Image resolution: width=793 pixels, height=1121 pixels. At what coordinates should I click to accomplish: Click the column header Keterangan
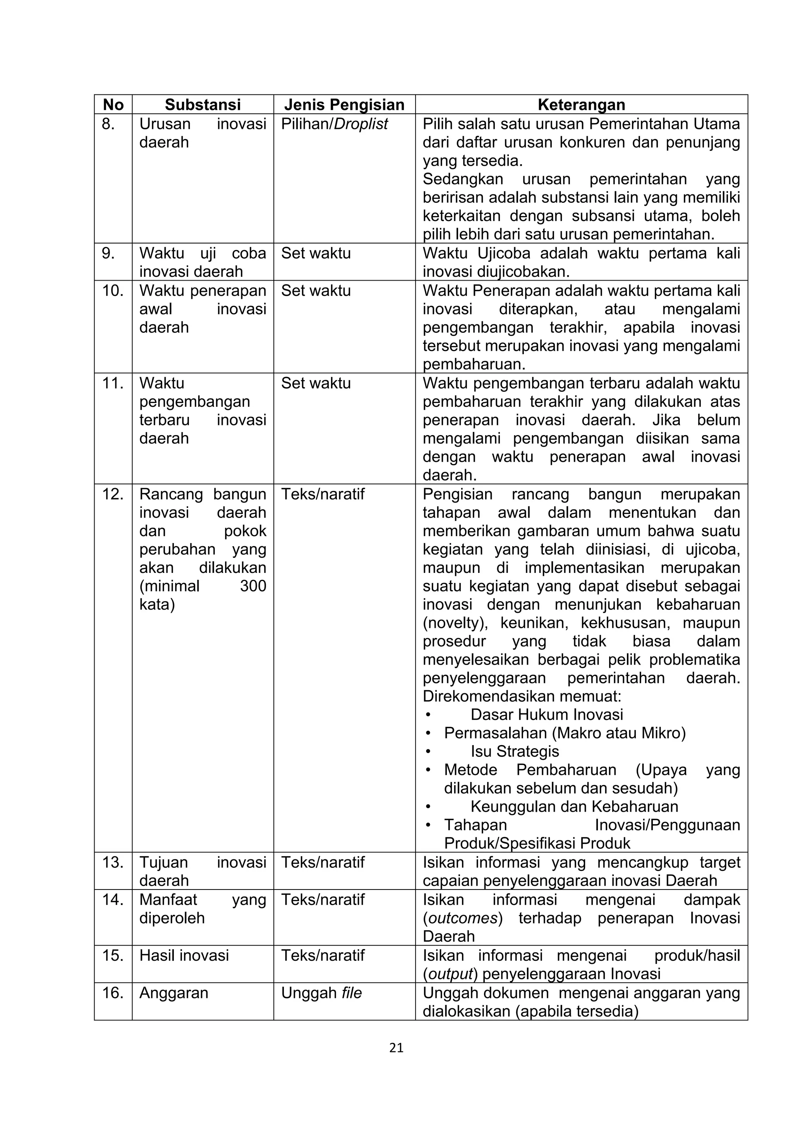pyautogui.click(x=581, y=105)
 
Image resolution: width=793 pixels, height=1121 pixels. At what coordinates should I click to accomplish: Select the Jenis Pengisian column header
pyautogui.click(x=344, y=105)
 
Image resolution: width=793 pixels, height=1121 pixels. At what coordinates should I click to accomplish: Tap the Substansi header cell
pyautogui.click(x=203, y=105)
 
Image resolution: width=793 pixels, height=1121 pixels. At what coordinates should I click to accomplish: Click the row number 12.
pyautogui.click(x=112, y=494)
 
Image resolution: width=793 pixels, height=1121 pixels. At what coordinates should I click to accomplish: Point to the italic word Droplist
pyautogui.click(x=361, y=124)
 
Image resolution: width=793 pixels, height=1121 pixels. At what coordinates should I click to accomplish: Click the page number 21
pyautogui.click(x=396, y=1048)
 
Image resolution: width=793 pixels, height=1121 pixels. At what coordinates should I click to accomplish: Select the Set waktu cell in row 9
pyautogui.click(x=316, y=254)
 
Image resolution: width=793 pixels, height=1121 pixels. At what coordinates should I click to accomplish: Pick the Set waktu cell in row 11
pyautogui.click(x=316, y=383)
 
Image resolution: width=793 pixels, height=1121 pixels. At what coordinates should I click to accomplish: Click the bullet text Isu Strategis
pyautogui.click(x=515, y=751)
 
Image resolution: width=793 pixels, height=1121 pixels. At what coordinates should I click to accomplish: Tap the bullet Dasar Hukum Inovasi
pyautogui.click(x=546, y=715)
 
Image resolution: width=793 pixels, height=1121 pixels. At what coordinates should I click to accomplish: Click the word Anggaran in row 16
pyautogui.click(x=174, y=993)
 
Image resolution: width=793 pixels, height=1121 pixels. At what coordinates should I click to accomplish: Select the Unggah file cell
pyautogui.click(x=321, y=993)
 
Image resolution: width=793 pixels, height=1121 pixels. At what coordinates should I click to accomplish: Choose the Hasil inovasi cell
pyautogui.click(x=184, y=955)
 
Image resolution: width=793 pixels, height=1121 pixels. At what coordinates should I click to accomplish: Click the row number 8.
pyautogui.click(x=108, y=124)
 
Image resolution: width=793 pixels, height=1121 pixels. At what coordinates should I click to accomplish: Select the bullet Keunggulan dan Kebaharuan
pyautogui.click(x=574, y=807)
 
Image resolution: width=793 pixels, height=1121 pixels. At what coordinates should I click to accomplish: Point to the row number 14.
pyautogui.click(x=112, y=900)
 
